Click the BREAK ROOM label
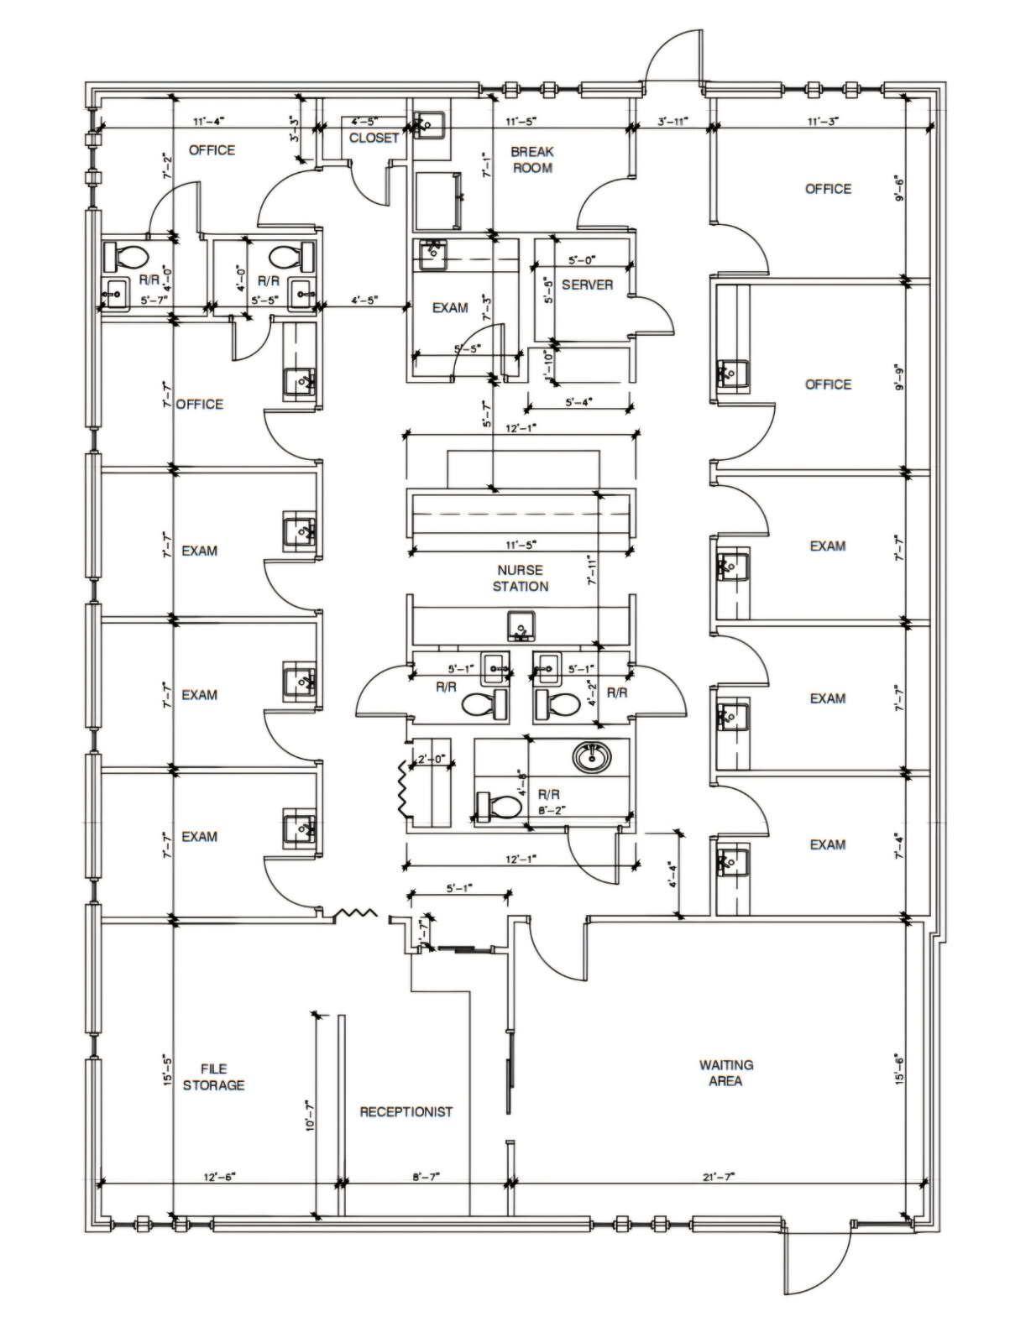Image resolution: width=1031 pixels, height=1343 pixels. [x=532, y=159]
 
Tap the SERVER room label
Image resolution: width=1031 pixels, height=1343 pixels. [x=587, y=285]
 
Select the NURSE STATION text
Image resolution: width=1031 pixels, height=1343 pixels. [x=521, y=578]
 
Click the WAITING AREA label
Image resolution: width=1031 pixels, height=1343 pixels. [x=725, y=1073]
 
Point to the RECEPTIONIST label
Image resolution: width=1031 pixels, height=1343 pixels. [x=406, y=1111]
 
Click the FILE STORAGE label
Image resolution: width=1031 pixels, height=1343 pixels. [x=213, y=1077]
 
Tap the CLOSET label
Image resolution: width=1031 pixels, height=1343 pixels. [x=374, y=138]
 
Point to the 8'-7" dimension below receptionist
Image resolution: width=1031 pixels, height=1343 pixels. [x=427, y=1177]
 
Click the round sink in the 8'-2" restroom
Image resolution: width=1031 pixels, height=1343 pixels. [x=594, y=757]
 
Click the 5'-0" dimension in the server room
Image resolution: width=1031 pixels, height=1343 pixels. [x=582, y=260]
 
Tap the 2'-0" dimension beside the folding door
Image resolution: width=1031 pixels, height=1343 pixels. [x=430, y=760]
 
